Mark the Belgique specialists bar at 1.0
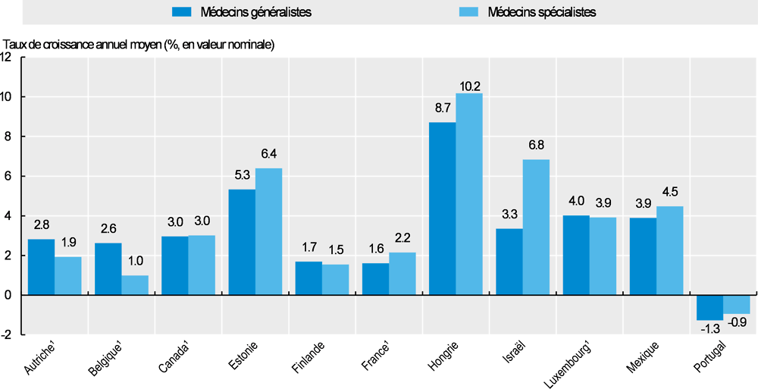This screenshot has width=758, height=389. [135, 285]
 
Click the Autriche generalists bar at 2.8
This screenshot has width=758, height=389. [41, 267]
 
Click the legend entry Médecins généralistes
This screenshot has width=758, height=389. [243, 13]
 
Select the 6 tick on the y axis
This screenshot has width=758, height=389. [8, 176]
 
